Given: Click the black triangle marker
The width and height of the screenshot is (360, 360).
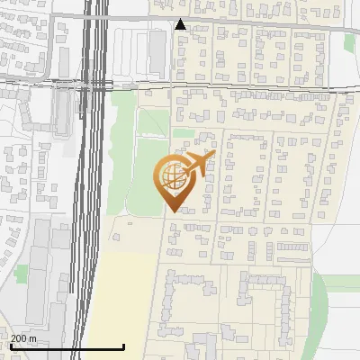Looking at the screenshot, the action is pos(181,24).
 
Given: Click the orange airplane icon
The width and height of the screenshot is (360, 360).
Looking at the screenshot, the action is pos(200,163).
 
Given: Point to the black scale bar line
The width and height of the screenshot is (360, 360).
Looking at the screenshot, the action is pos(67,347).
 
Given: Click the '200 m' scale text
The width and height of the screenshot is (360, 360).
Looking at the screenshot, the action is pos(23,338).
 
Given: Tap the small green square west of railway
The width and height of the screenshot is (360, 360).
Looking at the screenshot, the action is pos(21,271).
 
